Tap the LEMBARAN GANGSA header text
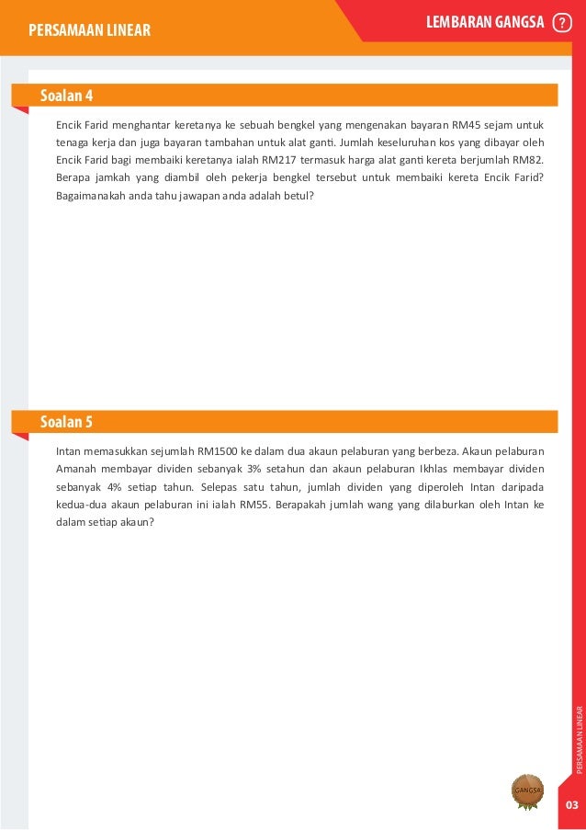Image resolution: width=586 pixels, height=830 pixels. pos(486,23)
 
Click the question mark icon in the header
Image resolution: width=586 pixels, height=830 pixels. pos(562,24)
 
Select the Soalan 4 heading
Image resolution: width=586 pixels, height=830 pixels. pos(66,96)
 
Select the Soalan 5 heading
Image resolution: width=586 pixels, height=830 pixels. pos(66,422)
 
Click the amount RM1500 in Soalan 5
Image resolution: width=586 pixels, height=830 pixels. pos(218,452)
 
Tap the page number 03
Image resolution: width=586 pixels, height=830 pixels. pos(571,805)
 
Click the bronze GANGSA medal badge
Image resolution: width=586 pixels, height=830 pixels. pos(527,790)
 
